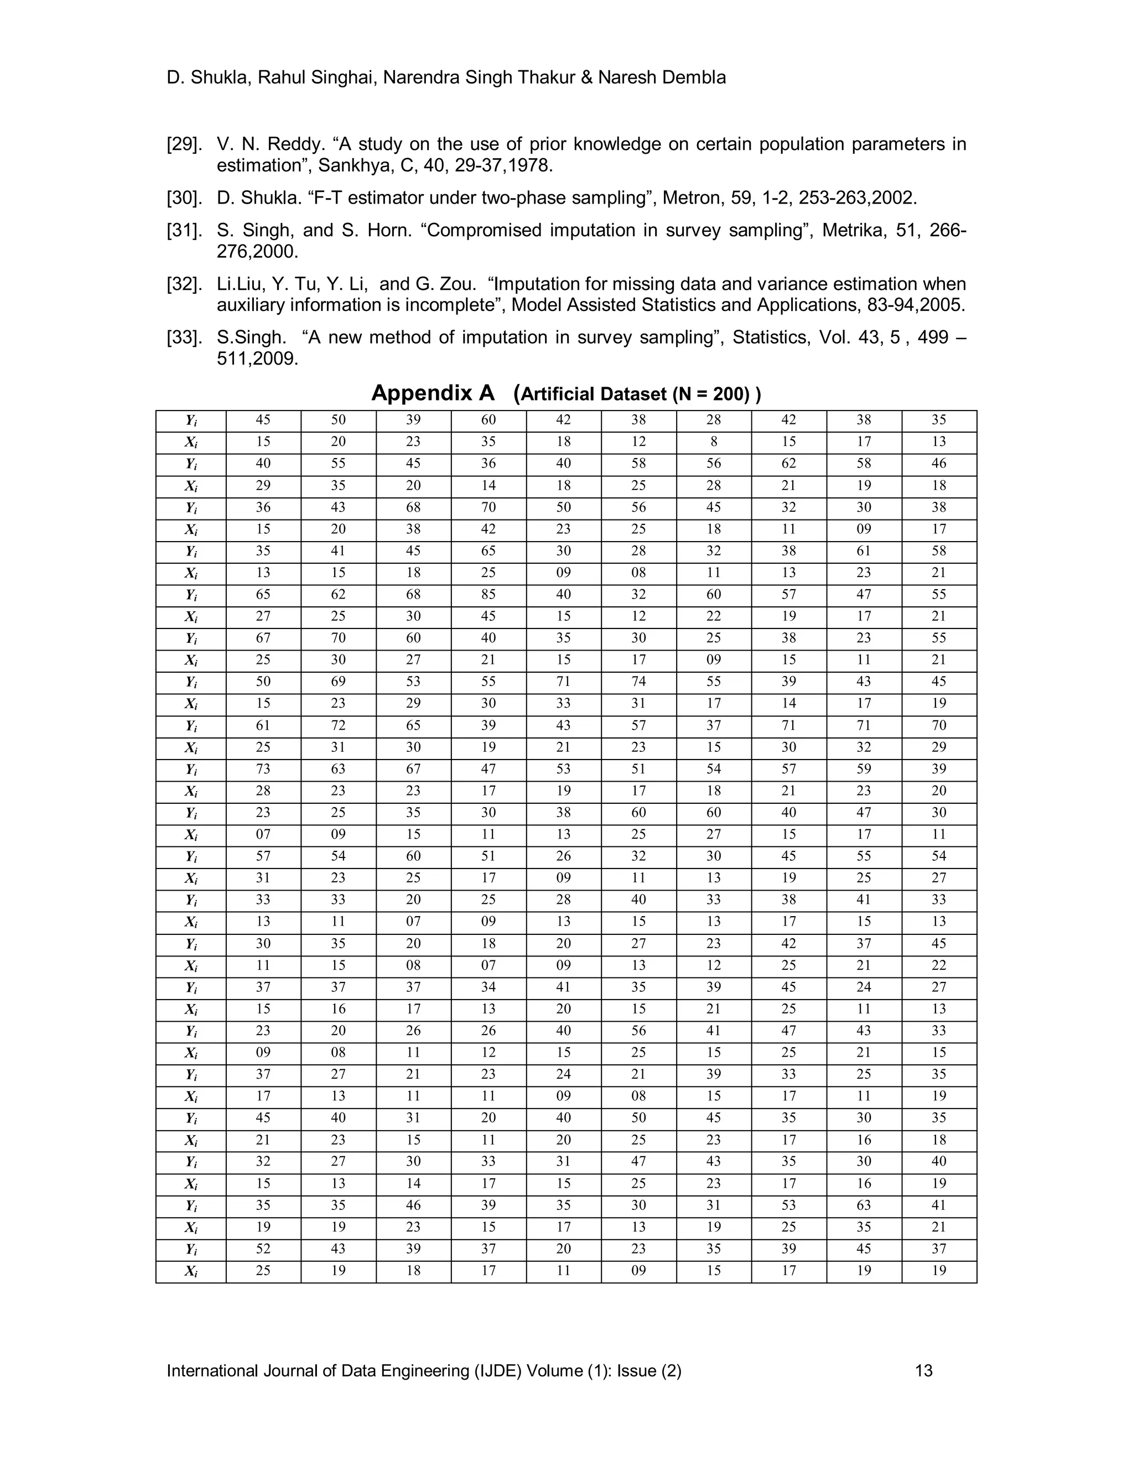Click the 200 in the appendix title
pyautogui.click(x=730, y=394)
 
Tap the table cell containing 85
pyautogui.click(x=488, y=595)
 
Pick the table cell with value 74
pyautogui.click(x=638, y=682)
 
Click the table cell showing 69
pyautogui.click(x=338, y=682)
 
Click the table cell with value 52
pyautogui.click(x=263, y=1249)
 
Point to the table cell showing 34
pyautogui.click(x=488, y=987)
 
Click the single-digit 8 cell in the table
pyautogui.click(x=714, y=441)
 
